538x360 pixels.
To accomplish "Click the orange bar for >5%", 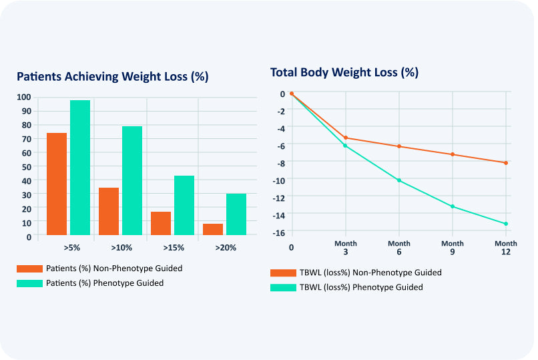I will point(56,184).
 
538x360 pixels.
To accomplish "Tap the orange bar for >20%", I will point(213,229).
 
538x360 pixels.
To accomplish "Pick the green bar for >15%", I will point(184,205).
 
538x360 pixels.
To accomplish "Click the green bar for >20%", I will point(236,214).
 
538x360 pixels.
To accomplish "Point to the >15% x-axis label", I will point(173,248).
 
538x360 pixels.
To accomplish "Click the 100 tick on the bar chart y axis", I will point(25,98).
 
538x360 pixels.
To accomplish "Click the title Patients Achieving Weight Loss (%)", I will point(113,76).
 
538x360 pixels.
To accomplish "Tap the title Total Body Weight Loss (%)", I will point(344,72).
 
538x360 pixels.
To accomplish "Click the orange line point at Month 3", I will point(346,138).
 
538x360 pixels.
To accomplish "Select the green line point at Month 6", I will point(399,180).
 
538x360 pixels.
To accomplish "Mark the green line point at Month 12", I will point(506,224).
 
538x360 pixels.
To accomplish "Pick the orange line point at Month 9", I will point(453,154).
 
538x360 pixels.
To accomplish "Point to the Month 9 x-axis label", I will point(453,248).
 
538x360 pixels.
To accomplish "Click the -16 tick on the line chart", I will point(278,232).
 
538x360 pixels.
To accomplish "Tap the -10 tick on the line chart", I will point(278,180).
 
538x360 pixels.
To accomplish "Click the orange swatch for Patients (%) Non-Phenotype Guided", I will point(29,268).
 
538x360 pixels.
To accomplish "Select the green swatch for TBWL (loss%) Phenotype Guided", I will point(282,287).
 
